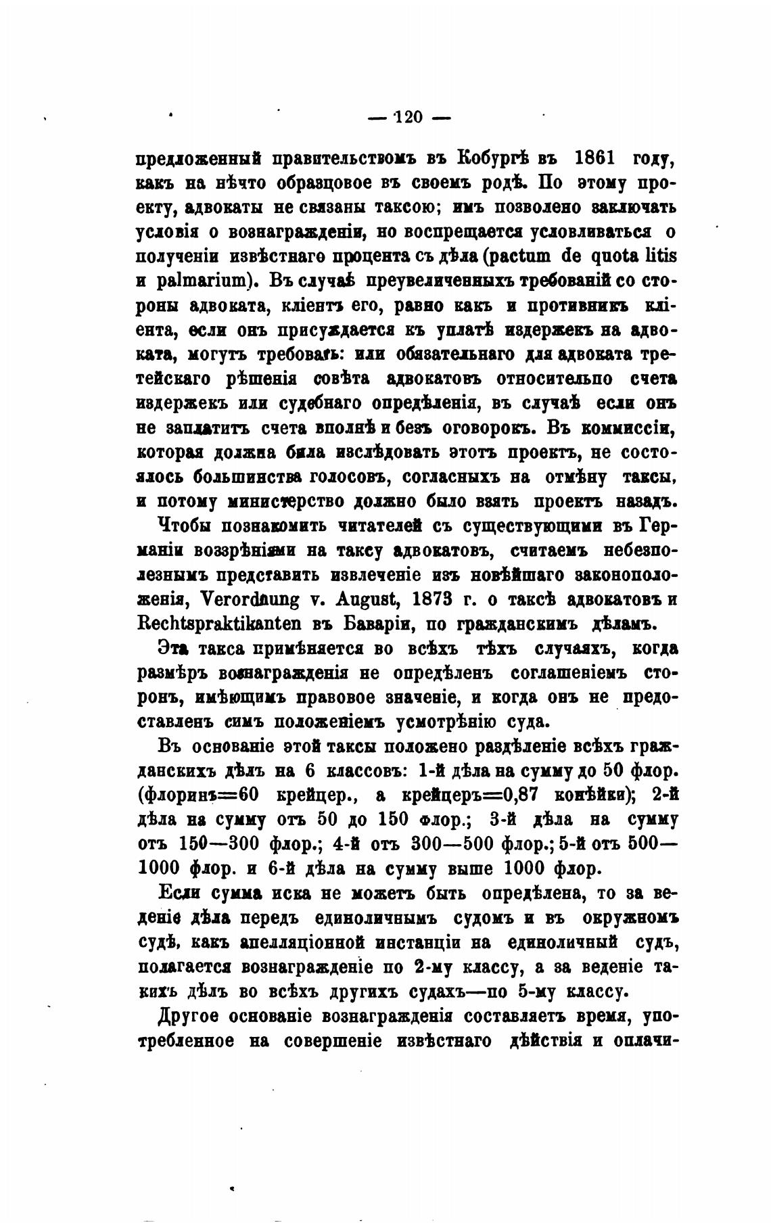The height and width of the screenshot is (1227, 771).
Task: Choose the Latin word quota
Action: (x=611, y=256)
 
